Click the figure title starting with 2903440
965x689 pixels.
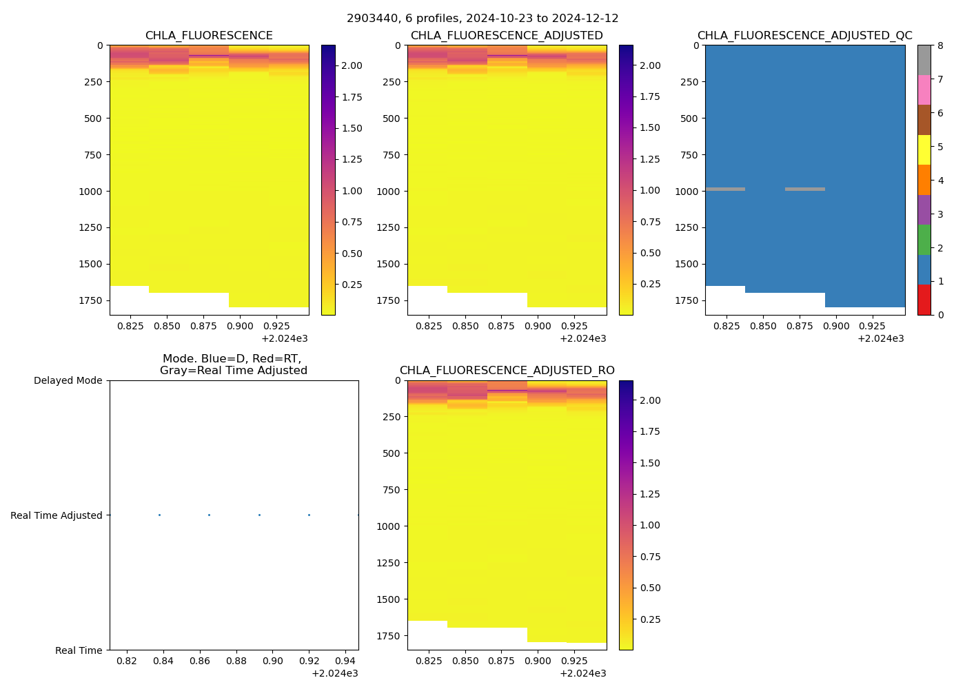(482, 19)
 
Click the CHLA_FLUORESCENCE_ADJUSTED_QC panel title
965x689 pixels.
(804, 36)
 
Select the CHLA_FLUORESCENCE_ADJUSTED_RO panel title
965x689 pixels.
(507, 371)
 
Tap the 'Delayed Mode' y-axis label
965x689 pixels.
(68, 381)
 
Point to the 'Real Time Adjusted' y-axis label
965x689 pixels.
(56, 515)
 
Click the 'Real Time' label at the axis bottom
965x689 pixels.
(79, 650)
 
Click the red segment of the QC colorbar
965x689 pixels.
(924, 300)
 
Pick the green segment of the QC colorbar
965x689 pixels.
(924, 240)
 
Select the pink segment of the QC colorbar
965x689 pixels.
(924, 90)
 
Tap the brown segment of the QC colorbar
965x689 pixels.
(924, 120)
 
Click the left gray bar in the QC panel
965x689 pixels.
(725, 189)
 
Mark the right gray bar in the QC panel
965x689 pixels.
(805, 189)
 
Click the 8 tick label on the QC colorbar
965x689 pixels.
(940, 46)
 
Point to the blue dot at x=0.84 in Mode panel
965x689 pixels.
(159, 515)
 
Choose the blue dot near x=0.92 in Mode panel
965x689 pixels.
(309, 515)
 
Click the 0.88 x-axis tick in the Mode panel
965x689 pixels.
(236, 661)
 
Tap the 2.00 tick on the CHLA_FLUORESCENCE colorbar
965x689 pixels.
(352, 65)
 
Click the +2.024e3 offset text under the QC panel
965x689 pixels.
(881, 338)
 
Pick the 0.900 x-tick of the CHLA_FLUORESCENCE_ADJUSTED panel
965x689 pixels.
(538, 327)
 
